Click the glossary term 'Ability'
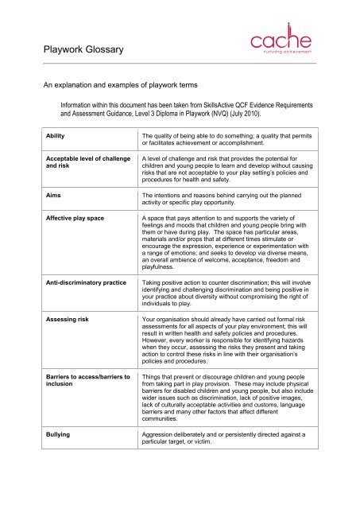(56, 138)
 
